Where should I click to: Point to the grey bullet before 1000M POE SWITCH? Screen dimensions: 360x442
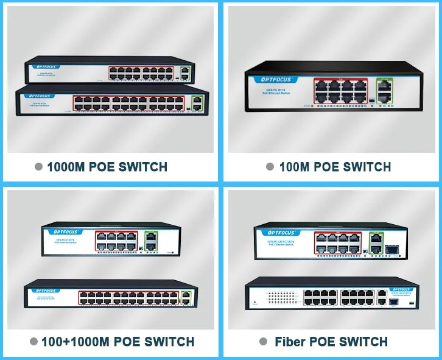pos(39,167)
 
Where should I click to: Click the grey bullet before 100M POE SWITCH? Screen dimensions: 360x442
pos(270,167)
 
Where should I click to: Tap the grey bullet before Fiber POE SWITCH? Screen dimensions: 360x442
pos(263,342)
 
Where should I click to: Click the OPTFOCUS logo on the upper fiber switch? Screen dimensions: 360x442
pos(269,232)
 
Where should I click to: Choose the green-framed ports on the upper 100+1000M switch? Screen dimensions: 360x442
pos(152,239)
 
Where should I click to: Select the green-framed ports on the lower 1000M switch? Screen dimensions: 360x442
pos(197,103)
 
